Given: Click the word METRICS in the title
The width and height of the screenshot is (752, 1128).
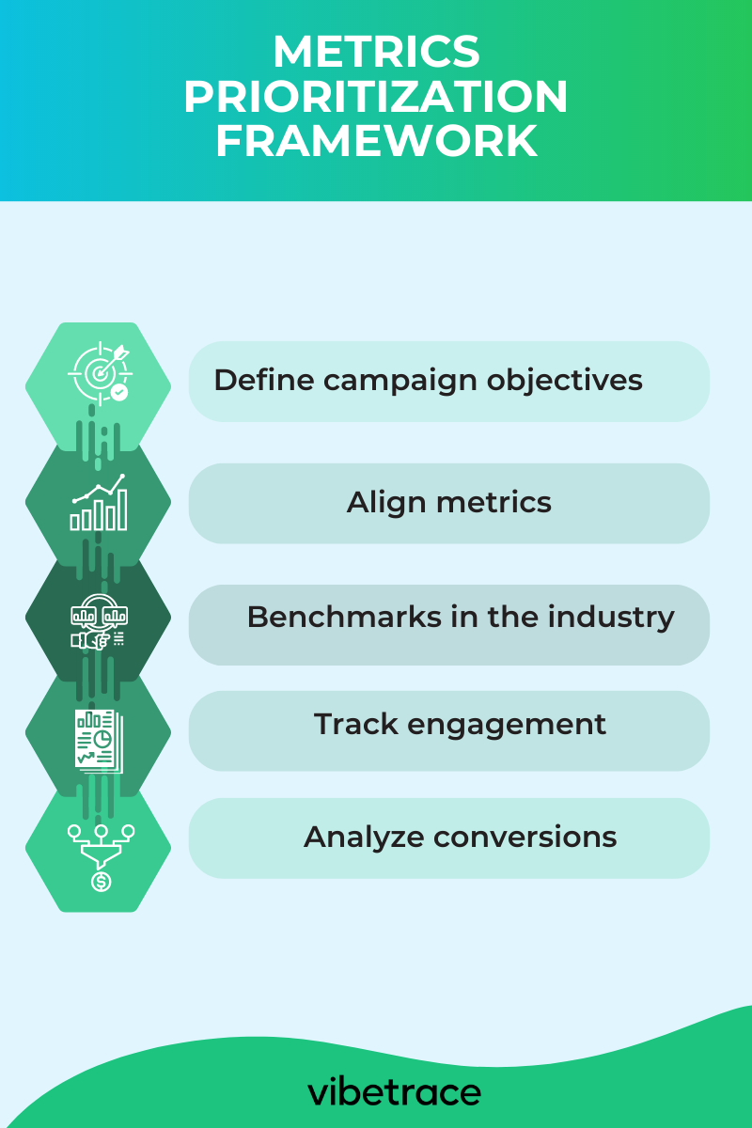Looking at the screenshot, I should pos(376,53).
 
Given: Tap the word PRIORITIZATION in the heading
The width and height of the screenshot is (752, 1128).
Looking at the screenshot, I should pos(376,97).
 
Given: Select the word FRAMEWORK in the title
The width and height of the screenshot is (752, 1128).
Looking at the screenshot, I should pos(376,141).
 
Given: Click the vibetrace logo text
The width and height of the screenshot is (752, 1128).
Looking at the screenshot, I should pos(394,1092).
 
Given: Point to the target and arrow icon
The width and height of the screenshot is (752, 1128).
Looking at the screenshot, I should pos(99,374).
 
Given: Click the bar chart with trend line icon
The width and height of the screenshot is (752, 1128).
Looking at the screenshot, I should pos(98,503).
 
